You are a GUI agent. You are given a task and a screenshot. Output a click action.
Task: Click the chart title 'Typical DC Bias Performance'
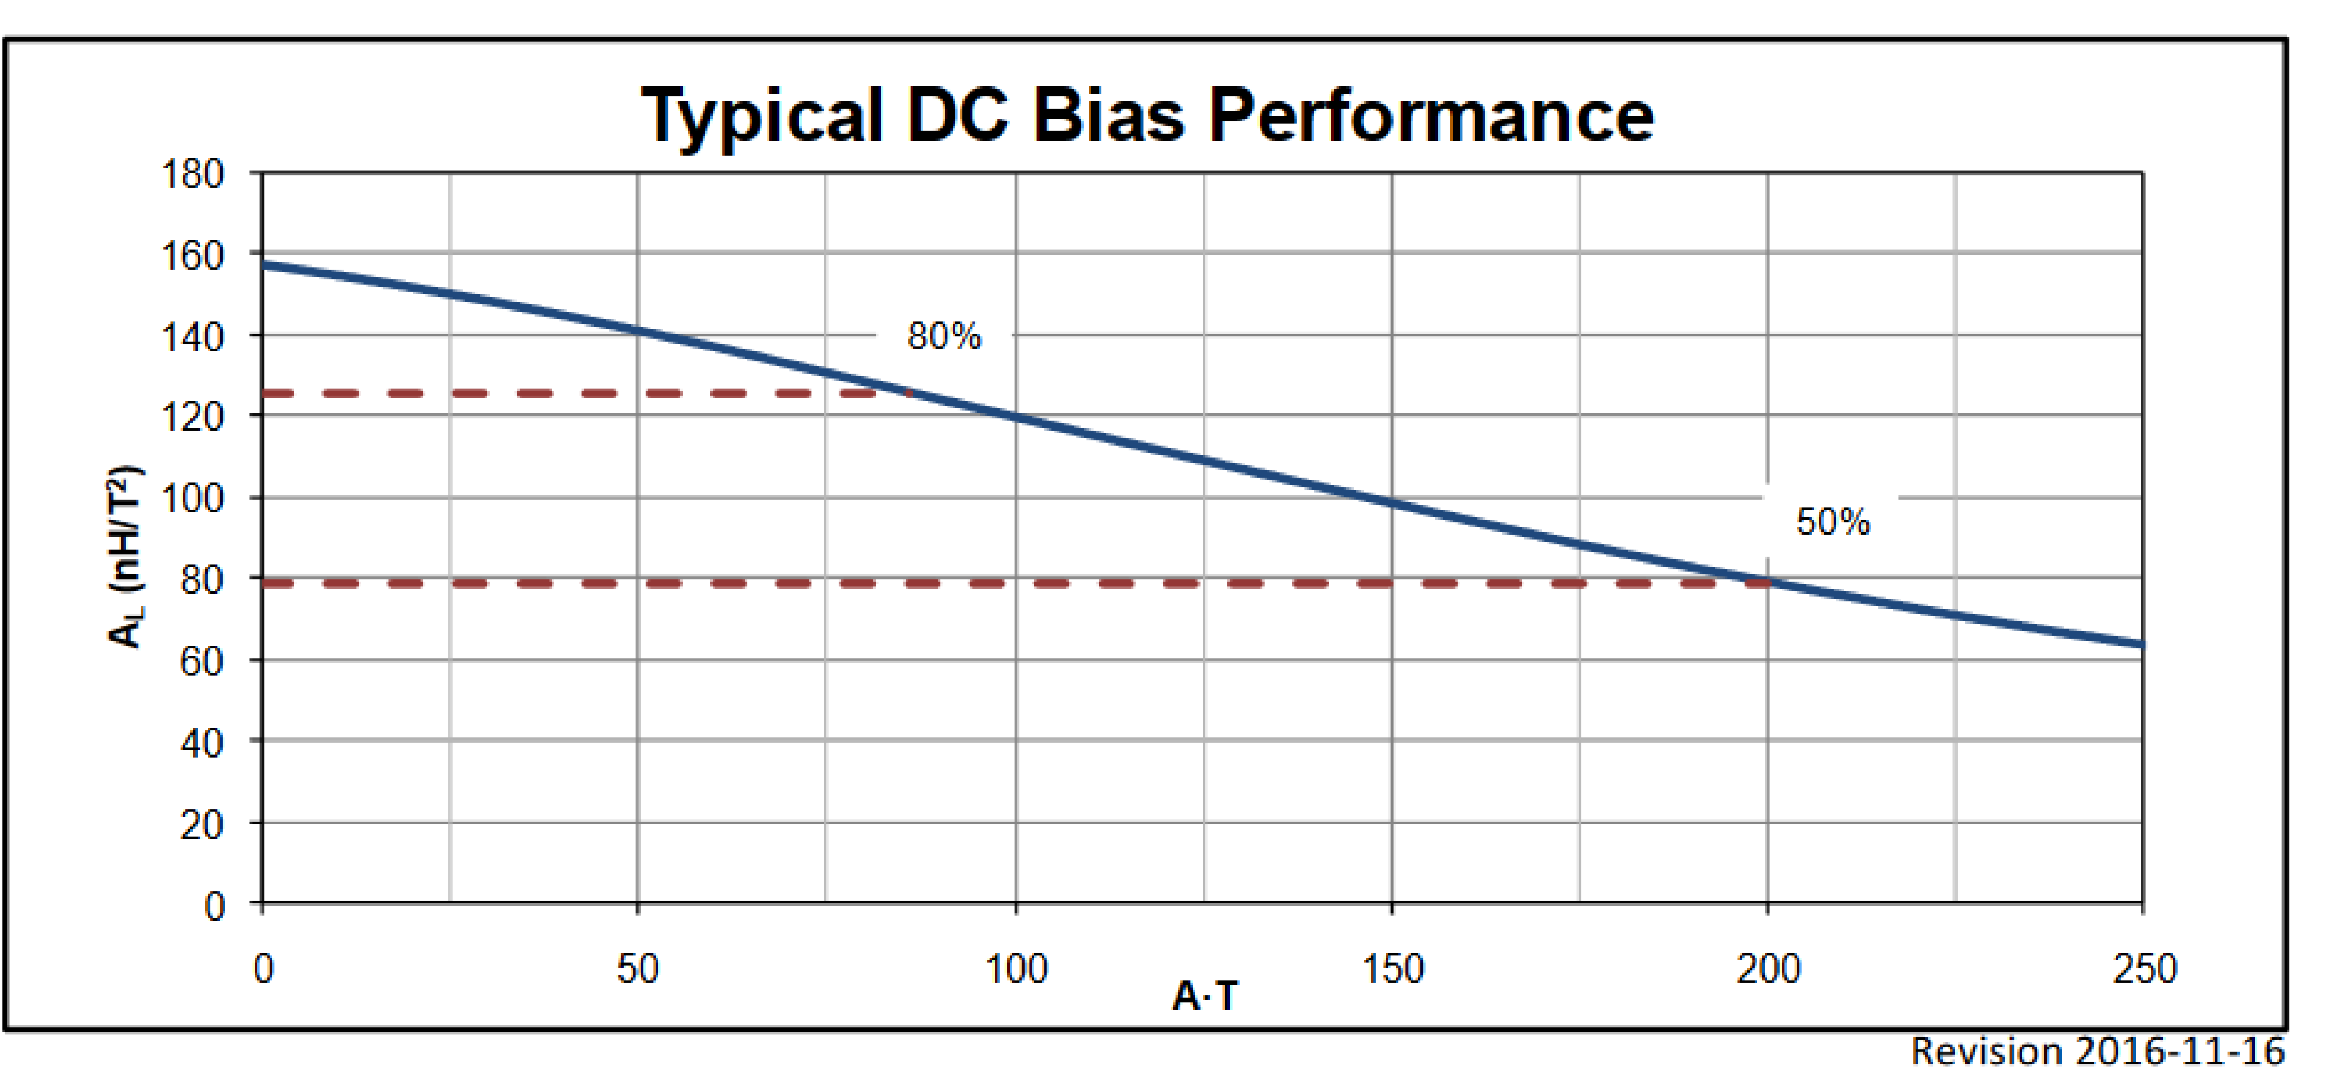tap(1147, 116)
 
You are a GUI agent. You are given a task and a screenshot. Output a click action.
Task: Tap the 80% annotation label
tap(944, 336)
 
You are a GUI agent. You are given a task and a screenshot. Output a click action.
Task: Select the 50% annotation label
tap(1832, 522)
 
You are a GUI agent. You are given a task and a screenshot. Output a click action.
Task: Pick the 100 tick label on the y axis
tap(192, 499)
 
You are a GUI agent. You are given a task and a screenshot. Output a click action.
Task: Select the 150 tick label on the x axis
tap(1392, 969)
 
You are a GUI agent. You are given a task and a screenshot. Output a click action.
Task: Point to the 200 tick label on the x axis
tap(1768, 969)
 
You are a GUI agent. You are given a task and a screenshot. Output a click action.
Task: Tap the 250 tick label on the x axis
tap(2144, 969)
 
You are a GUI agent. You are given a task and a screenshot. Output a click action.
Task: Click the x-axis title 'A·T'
tap(1205, 996)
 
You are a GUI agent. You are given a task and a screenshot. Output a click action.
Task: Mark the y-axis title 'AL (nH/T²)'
tap(125, 557)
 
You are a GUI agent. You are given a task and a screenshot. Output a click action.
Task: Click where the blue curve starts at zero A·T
tap(264, 266)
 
